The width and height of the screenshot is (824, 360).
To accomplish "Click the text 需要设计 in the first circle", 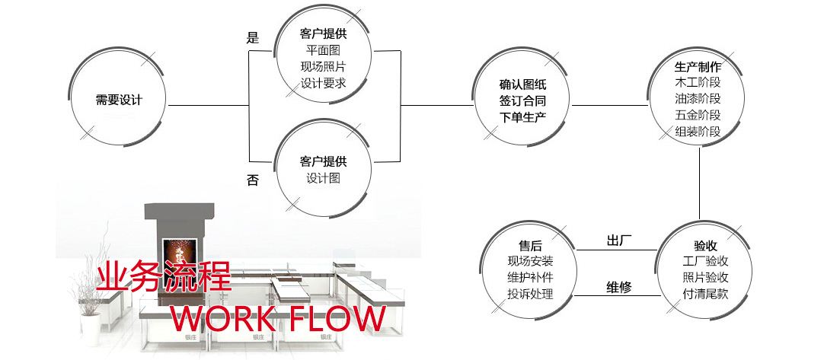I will click(119, 100).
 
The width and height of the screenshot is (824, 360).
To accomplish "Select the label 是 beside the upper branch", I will click(253, 38).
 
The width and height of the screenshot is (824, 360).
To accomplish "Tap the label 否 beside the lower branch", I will click(253, 180).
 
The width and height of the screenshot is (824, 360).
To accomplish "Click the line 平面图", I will click(323, 50).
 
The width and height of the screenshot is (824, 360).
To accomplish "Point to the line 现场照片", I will click(323, 66).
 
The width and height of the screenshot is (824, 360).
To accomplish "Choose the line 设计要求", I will click(323, 83).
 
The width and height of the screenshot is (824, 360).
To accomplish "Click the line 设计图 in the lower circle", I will click(323, 178).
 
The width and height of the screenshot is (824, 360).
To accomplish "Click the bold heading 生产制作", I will click(698, 65).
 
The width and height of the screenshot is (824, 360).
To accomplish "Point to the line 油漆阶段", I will click(698, 98).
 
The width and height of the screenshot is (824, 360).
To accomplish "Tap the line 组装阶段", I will click(698, 132).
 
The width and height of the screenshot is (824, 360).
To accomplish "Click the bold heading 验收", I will click(705, 246).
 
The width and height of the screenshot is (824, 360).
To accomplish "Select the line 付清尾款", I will click(705, 294).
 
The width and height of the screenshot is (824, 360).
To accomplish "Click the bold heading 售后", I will click(530, 246).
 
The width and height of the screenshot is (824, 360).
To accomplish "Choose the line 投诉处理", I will click(530, 294).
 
